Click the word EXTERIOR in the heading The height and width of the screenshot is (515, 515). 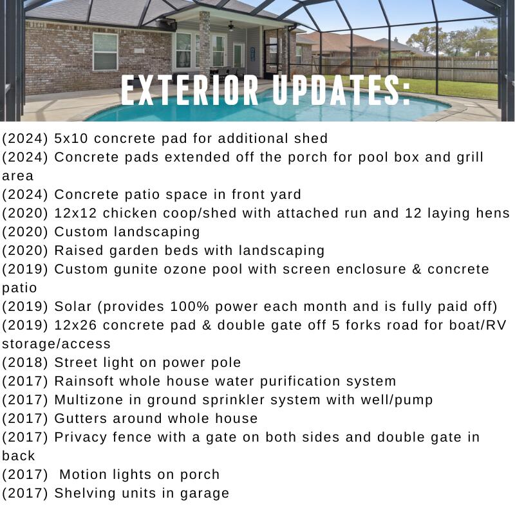tap(190, 90)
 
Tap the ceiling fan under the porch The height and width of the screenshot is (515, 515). tap(231, 26)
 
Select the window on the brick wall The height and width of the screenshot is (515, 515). tap(105, 51)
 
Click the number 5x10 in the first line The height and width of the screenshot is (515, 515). tap(71, 138)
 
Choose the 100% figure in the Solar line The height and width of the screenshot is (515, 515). tap(189, 306)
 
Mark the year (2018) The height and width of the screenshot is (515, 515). tap(25, 362)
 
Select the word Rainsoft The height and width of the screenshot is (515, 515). tap(84, 381)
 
